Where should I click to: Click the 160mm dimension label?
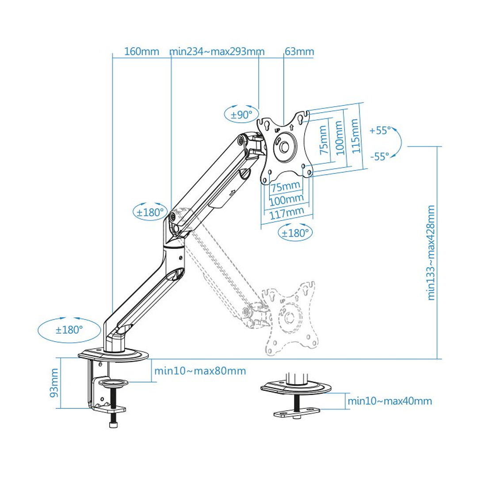(x=141, y=52)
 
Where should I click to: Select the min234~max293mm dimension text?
(x=217, y=52)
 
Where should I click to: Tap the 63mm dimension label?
(x=299, y=52)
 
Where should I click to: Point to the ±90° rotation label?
(x=241, y=115)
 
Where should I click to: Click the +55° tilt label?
(x=380, y=131)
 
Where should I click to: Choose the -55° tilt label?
(x=380, y=156)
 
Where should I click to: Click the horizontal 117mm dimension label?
(x=287, y=213)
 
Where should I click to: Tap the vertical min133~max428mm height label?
(x=431, y=252)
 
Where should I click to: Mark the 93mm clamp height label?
(x=54, y=383)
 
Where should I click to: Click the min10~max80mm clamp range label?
(x=200, y=370)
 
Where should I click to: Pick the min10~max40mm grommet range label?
(x=389, y=401)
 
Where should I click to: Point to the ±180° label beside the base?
(x=69, y=330)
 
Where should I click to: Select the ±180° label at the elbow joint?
(x=150, y=212)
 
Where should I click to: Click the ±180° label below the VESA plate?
(x=295, y=233)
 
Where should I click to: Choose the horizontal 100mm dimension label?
(x=286, y=199)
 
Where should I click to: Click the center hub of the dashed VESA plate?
(x=288, y=317)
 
